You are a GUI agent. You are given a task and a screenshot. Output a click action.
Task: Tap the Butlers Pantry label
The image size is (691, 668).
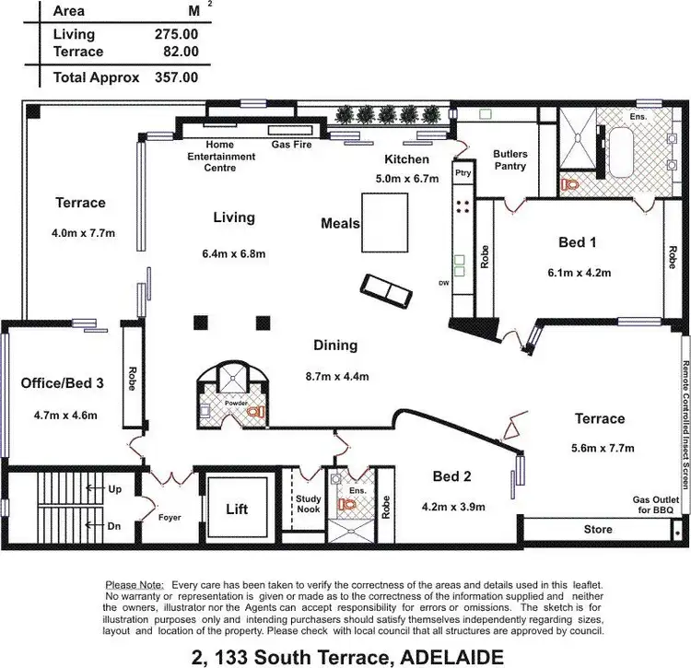pos(509,160)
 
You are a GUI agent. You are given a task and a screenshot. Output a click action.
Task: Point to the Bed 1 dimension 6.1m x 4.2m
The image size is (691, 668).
pos(580,272)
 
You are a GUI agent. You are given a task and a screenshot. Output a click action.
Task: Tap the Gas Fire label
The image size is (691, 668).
pos(289,145)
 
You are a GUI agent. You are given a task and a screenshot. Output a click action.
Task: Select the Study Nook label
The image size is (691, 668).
pos(308,506)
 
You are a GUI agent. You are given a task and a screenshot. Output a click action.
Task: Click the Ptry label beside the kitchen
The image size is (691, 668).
pos(463,172)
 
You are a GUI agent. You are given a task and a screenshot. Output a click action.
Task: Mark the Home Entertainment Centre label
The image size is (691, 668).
pos(221,157)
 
